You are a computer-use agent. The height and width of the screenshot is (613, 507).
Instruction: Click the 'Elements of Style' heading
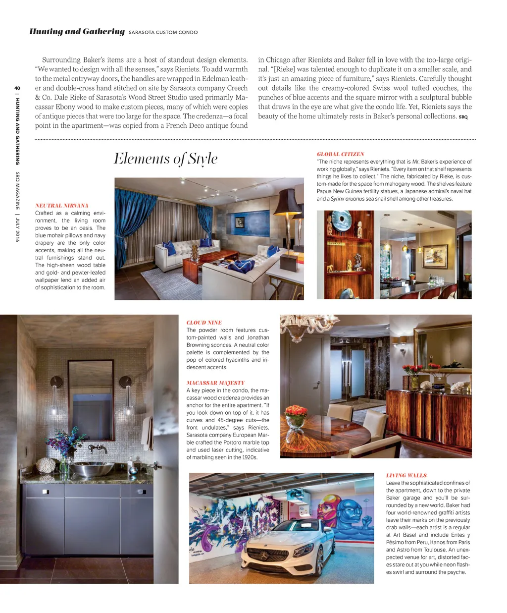(165, 159)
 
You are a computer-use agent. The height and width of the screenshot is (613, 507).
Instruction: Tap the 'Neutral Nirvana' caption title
(62, 206)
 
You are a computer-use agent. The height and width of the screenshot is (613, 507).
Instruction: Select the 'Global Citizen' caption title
(340, 154)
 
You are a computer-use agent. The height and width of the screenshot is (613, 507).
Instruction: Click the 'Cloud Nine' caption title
(204, 323)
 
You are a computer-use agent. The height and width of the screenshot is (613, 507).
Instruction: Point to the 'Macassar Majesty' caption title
(215, 383)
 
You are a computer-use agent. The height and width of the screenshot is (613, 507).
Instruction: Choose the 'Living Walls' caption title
(406, 475)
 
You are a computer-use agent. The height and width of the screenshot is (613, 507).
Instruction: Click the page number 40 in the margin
(17, 89)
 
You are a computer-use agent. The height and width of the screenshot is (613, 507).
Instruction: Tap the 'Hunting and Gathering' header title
(77, 32)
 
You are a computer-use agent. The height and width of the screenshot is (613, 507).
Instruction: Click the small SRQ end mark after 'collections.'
(463, 117)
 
